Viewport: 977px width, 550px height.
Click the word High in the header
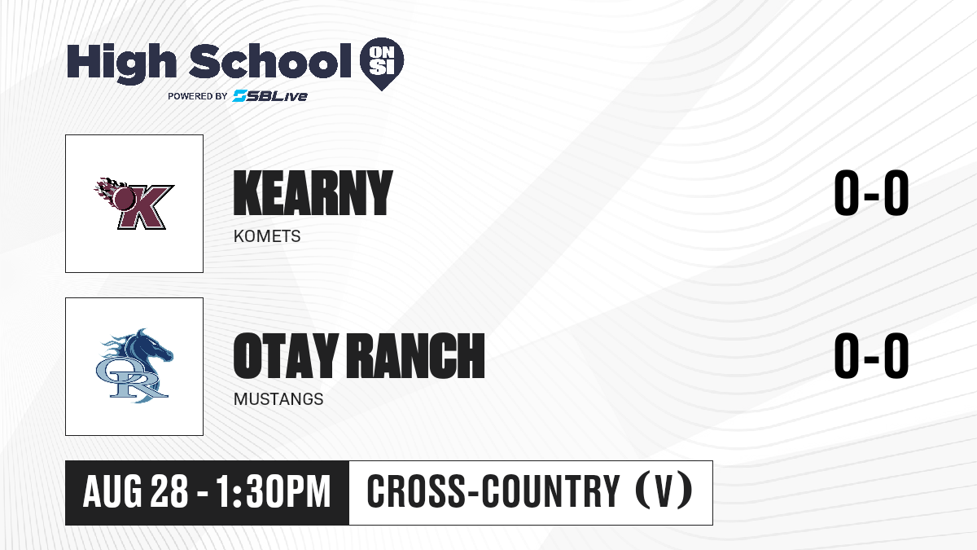pyautogui.click(x=121, y=64)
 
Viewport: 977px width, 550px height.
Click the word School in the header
pyautogui.click(x=270, y=61)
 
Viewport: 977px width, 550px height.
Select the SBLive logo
pyautogui.click(x=270, y=95)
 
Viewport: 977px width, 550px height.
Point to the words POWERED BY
pyautogui.click(x=198, y=96)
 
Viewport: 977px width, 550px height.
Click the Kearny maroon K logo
pyautogui.click(x=134, y=204)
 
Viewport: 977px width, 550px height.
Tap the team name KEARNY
pyautogui.click(x=313, y=193)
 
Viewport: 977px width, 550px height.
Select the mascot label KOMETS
pyautogui.click(x=267, y=236)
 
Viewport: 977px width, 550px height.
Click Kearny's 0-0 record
pyautogui.click(x=871, y=193)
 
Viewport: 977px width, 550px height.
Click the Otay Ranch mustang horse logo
pyautogui.click(x=134, y=366)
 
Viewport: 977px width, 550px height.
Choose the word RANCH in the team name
pyautogui.click(x=416, y=356)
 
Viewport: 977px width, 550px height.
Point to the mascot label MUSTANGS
pyautogui.click(x=278, y=399)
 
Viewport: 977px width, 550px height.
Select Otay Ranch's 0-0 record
pyautogui.click(x=871, y=356)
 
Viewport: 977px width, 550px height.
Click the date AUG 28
pyautogui.click(x=136, y=492)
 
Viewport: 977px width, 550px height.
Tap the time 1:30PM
pyautogui.click(x=274, y=492)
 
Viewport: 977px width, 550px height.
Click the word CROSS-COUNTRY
pyautogui.click(x=493, y=492)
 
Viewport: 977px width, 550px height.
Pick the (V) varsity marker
pyautogui.click(x=664, y=492)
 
